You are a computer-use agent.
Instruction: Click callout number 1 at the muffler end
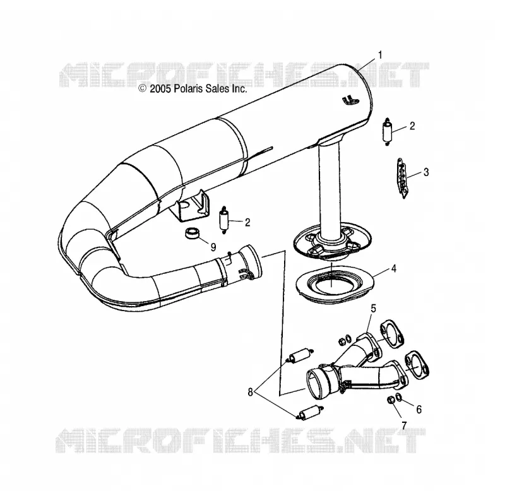tap(380, 55)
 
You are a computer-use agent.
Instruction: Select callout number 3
tap(426, 172)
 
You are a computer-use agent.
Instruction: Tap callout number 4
tap(393, 268)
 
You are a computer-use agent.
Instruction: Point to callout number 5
tap(373, 309)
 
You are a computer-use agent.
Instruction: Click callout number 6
tap(419, 409)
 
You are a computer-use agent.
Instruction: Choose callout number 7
tap(404, 425)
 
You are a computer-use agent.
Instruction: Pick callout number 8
tap(250, 392)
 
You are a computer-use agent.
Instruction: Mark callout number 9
tap(213, 247)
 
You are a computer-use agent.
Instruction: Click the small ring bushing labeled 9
tap(193, 233)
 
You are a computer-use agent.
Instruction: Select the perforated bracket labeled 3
tap(402, 178)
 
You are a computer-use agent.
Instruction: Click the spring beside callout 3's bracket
tap(388, 131)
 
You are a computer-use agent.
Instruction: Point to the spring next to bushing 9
tap(223, 220)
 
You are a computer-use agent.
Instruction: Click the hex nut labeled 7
tap(390, 400)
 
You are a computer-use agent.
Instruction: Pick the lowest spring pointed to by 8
tap(310, 413)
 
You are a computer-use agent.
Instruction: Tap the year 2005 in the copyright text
tap(160, 88)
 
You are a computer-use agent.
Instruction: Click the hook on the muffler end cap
tap(350, 100)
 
